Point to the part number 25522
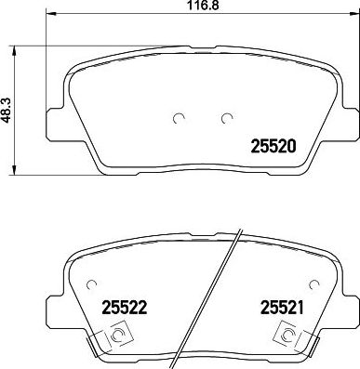pyautogui.click(x=117, y=307)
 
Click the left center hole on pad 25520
pyautogui.click(x=178, y=117)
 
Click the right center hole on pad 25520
pyautogui.click(x=226, y=117)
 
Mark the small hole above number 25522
pyautogui.click(x=89, y=284)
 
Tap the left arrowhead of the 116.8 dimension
pyautogui.click(x=49, y=18)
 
